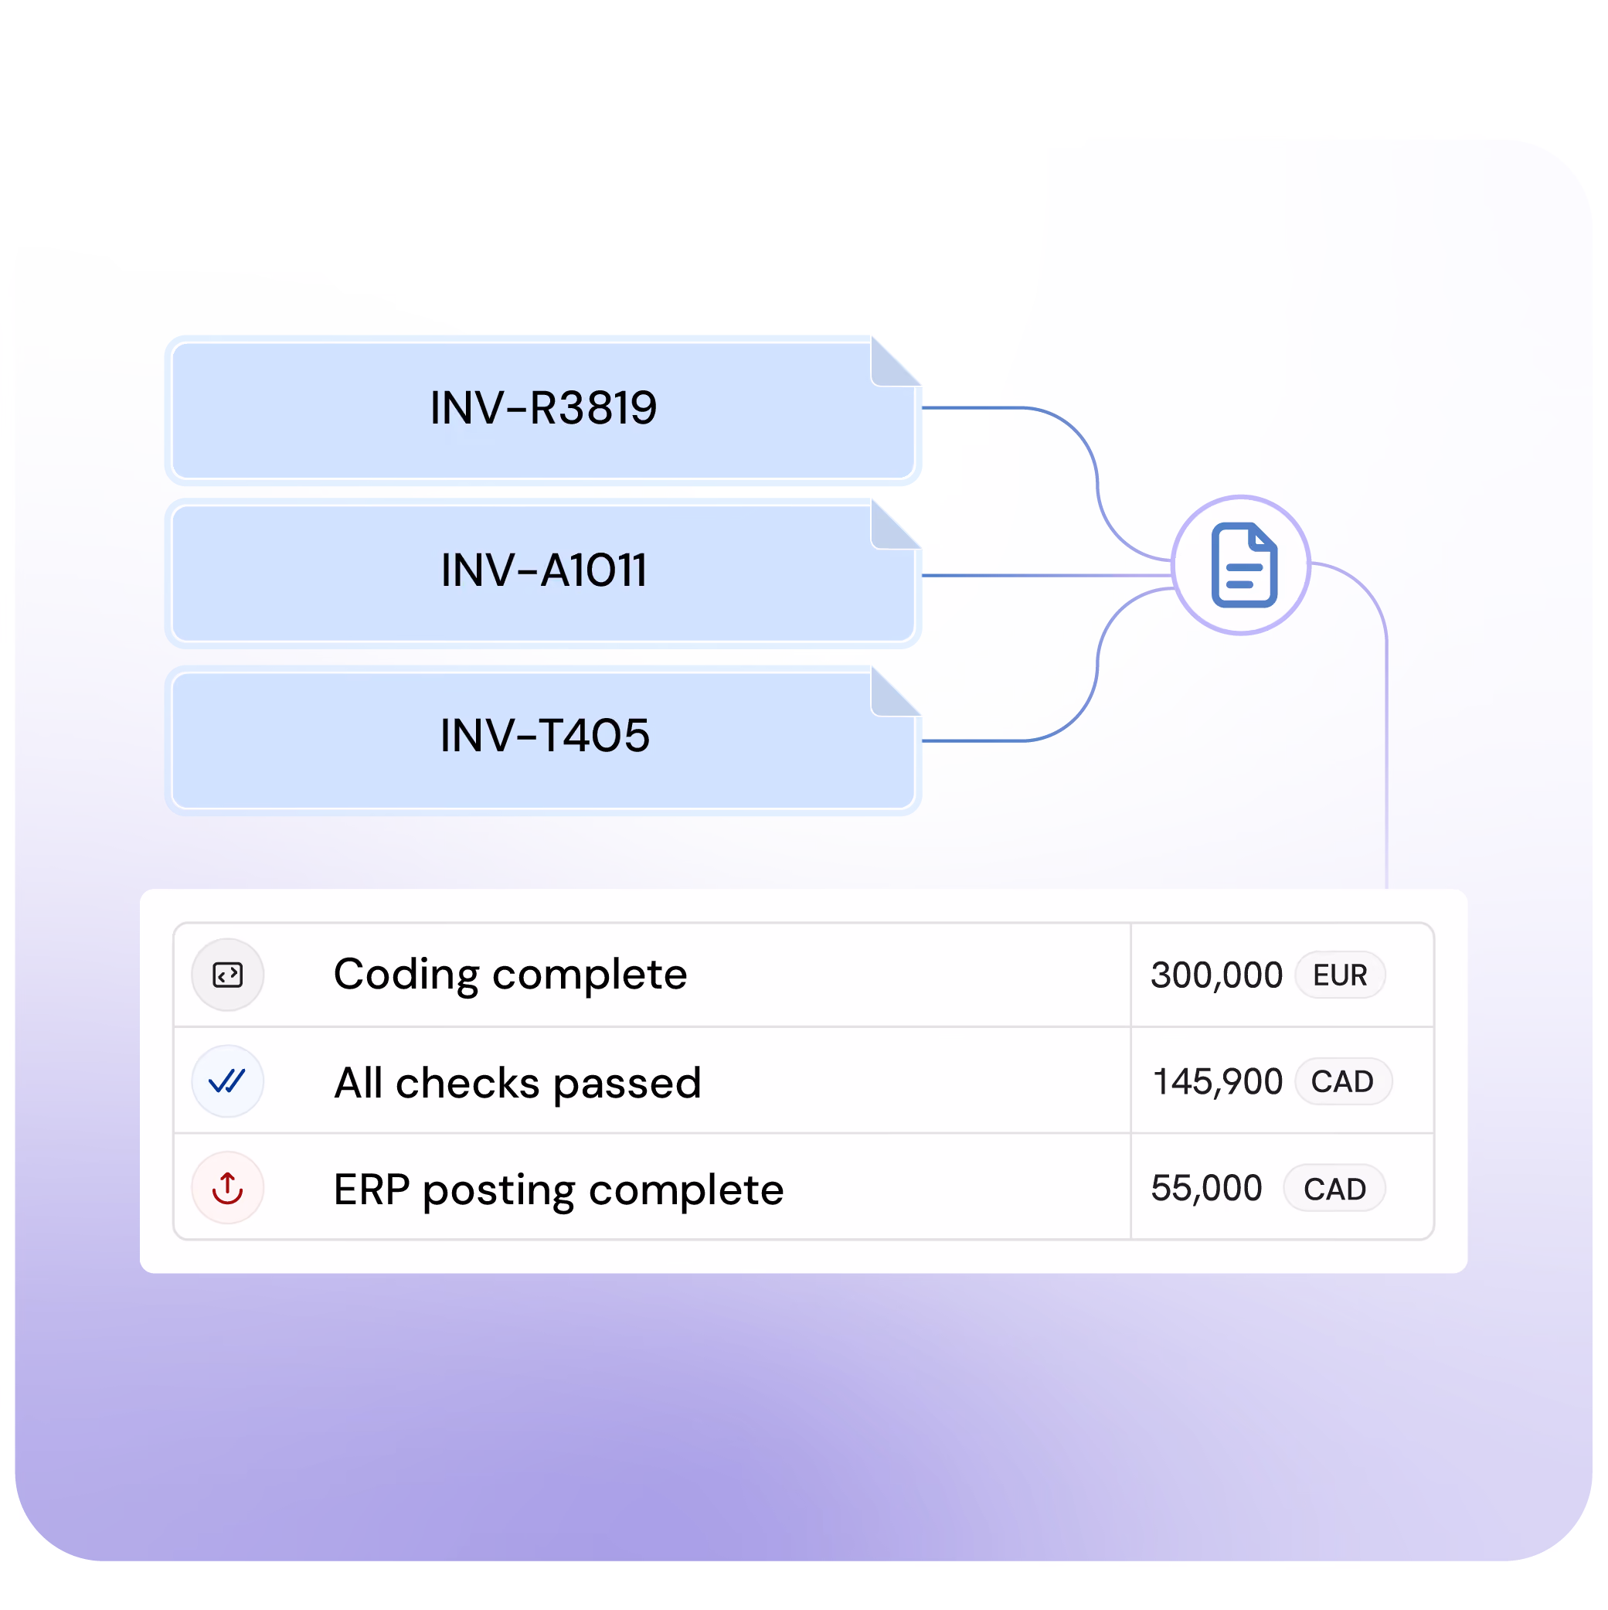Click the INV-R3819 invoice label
[543, 407]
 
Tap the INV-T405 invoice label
[544, 735]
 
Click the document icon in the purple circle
[1243, 565]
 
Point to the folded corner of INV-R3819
[896, 361]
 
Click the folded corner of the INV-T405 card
[896, 691]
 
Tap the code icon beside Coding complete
[227, 974]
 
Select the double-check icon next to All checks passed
[226, 1081]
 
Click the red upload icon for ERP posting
[227, 1187]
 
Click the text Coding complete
[510, 974]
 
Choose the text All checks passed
[518, 1083]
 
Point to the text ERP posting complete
[558, 1190]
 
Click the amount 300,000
[1215, 975]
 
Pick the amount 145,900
[1217, 1081]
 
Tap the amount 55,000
[1206, 1188]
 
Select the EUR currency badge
[1340, 975]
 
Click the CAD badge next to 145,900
[1342, 1081]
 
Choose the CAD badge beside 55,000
[1334, 1188]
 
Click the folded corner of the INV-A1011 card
[896, 524]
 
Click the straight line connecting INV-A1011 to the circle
[1046, 575]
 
